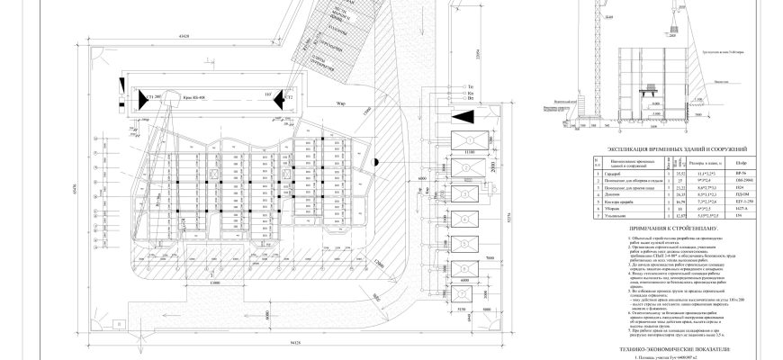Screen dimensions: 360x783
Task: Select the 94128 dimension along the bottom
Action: click(x=269, y=342)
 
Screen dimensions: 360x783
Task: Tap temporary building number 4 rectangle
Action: click(x=468, y=218)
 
